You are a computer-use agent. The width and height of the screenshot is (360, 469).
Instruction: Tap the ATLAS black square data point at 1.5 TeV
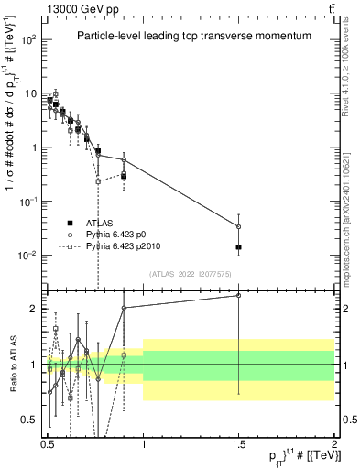coord(239,247)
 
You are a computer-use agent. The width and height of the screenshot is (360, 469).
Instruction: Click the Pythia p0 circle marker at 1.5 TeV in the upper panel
coord(239,226)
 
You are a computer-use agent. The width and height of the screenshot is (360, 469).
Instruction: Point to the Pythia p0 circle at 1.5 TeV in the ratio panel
coord(239,295)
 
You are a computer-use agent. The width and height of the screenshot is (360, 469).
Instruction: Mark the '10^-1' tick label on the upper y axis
coord(29,202)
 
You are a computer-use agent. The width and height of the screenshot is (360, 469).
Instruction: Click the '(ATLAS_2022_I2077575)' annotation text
coord(189,274)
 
